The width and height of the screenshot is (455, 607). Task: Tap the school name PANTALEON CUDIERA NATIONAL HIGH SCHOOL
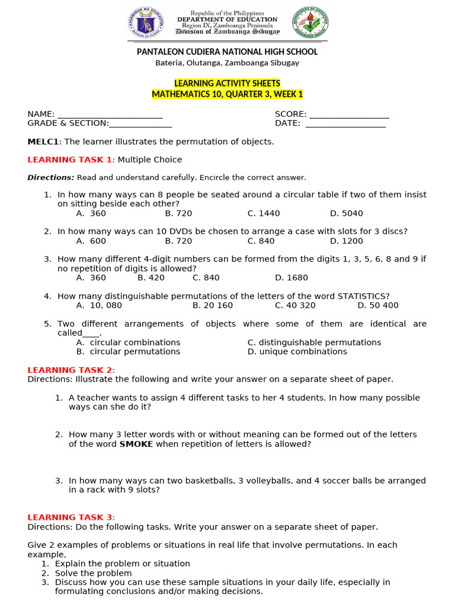tap(227, 52)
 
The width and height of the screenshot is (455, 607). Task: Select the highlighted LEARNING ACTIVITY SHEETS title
tap(227, 84)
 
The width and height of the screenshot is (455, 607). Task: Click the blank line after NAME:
tap(110, 114)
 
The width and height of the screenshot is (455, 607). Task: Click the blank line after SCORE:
tap(349, 114)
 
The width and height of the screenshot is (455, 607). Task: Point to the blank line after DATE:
tap(345, 123)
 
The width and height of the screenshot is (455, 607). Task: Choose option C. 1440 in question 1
tap(264, 213)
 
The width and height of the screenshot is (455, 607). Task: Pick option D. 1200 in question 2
tap(347, 241)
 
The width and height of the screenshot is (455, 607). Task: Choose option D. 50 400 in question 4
tap(378, 305)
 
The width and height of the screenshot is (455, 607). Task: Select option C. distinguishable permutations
tap(314, 343)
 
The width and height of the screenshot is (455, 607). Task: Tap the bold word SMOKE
tap(136, 444)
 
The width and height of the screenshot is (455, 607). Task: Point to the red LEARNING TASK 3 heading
tap(71, 517)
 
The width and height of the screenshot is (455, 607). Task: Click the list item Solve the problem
tap(93, 573)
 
